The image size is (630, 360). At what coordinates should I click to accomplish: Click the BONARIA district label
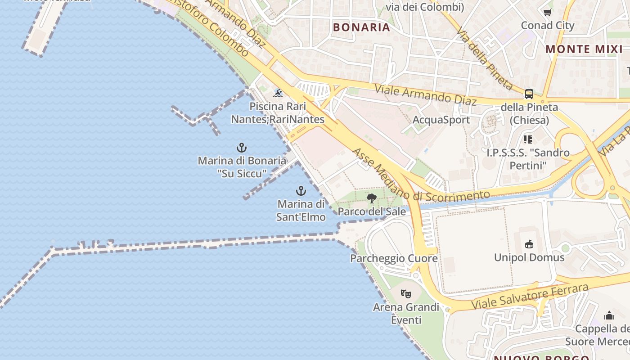point(361,27)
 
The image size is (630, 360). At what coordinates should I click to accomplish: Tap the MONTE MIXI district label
point(584,49)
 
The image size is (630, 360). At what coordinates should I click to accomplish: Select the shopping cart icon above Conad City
point(548,13)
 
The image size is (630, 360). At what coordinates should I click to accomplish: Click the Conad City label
point(548,25)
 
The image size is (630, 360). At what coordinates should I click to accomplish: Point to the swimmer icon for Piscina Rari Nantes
point(278,93)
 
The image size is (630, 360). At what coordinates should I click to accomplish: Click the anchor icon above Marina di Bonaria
point(242,148)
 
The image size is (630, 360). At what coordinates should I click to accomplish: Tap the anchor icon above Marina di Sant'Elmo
point(301,191)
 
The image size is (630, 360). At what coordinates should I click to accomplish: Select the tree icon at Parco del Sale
point(372,198)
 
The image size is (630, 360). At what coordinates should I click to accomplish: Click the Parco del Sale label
point(372,211)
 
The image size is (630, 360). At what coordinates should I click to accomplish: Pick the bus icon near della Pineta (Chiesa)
point(529,94)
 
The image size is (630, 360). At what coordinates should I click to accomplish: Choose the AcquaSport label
point(441,120)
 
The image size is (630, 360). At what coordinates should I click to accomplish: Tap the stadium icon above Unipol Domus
point(529,244)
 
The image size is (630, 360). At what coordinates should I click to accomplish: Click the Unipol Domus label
point(529,257)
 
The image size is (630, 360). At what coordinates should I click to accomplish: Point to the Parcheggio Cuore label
point(394,258)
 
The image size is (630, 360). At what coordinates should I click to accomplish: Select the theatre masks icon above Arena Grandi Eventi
point(406,294)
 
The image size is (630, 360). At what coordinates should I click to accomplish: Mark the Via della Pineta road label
point(485,59)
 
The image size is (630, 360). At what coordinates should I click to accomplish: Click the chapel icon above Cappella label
point(609,315)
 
